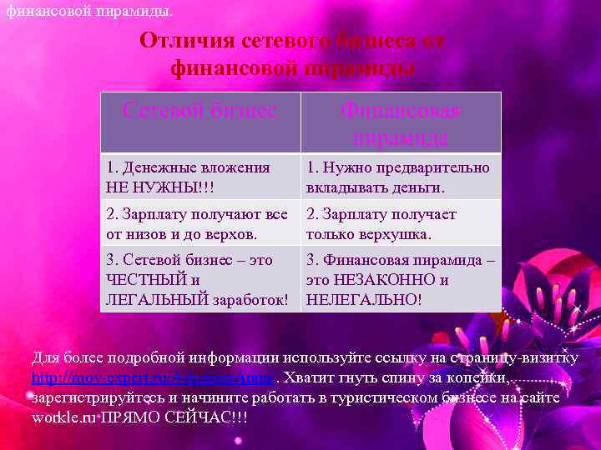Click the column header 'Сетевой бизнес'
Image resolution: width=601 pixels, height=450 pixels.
coord(199,111)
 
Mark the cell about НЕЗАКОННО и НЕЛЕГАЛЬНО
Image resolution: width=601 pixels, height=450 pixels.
coord(401,279)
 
